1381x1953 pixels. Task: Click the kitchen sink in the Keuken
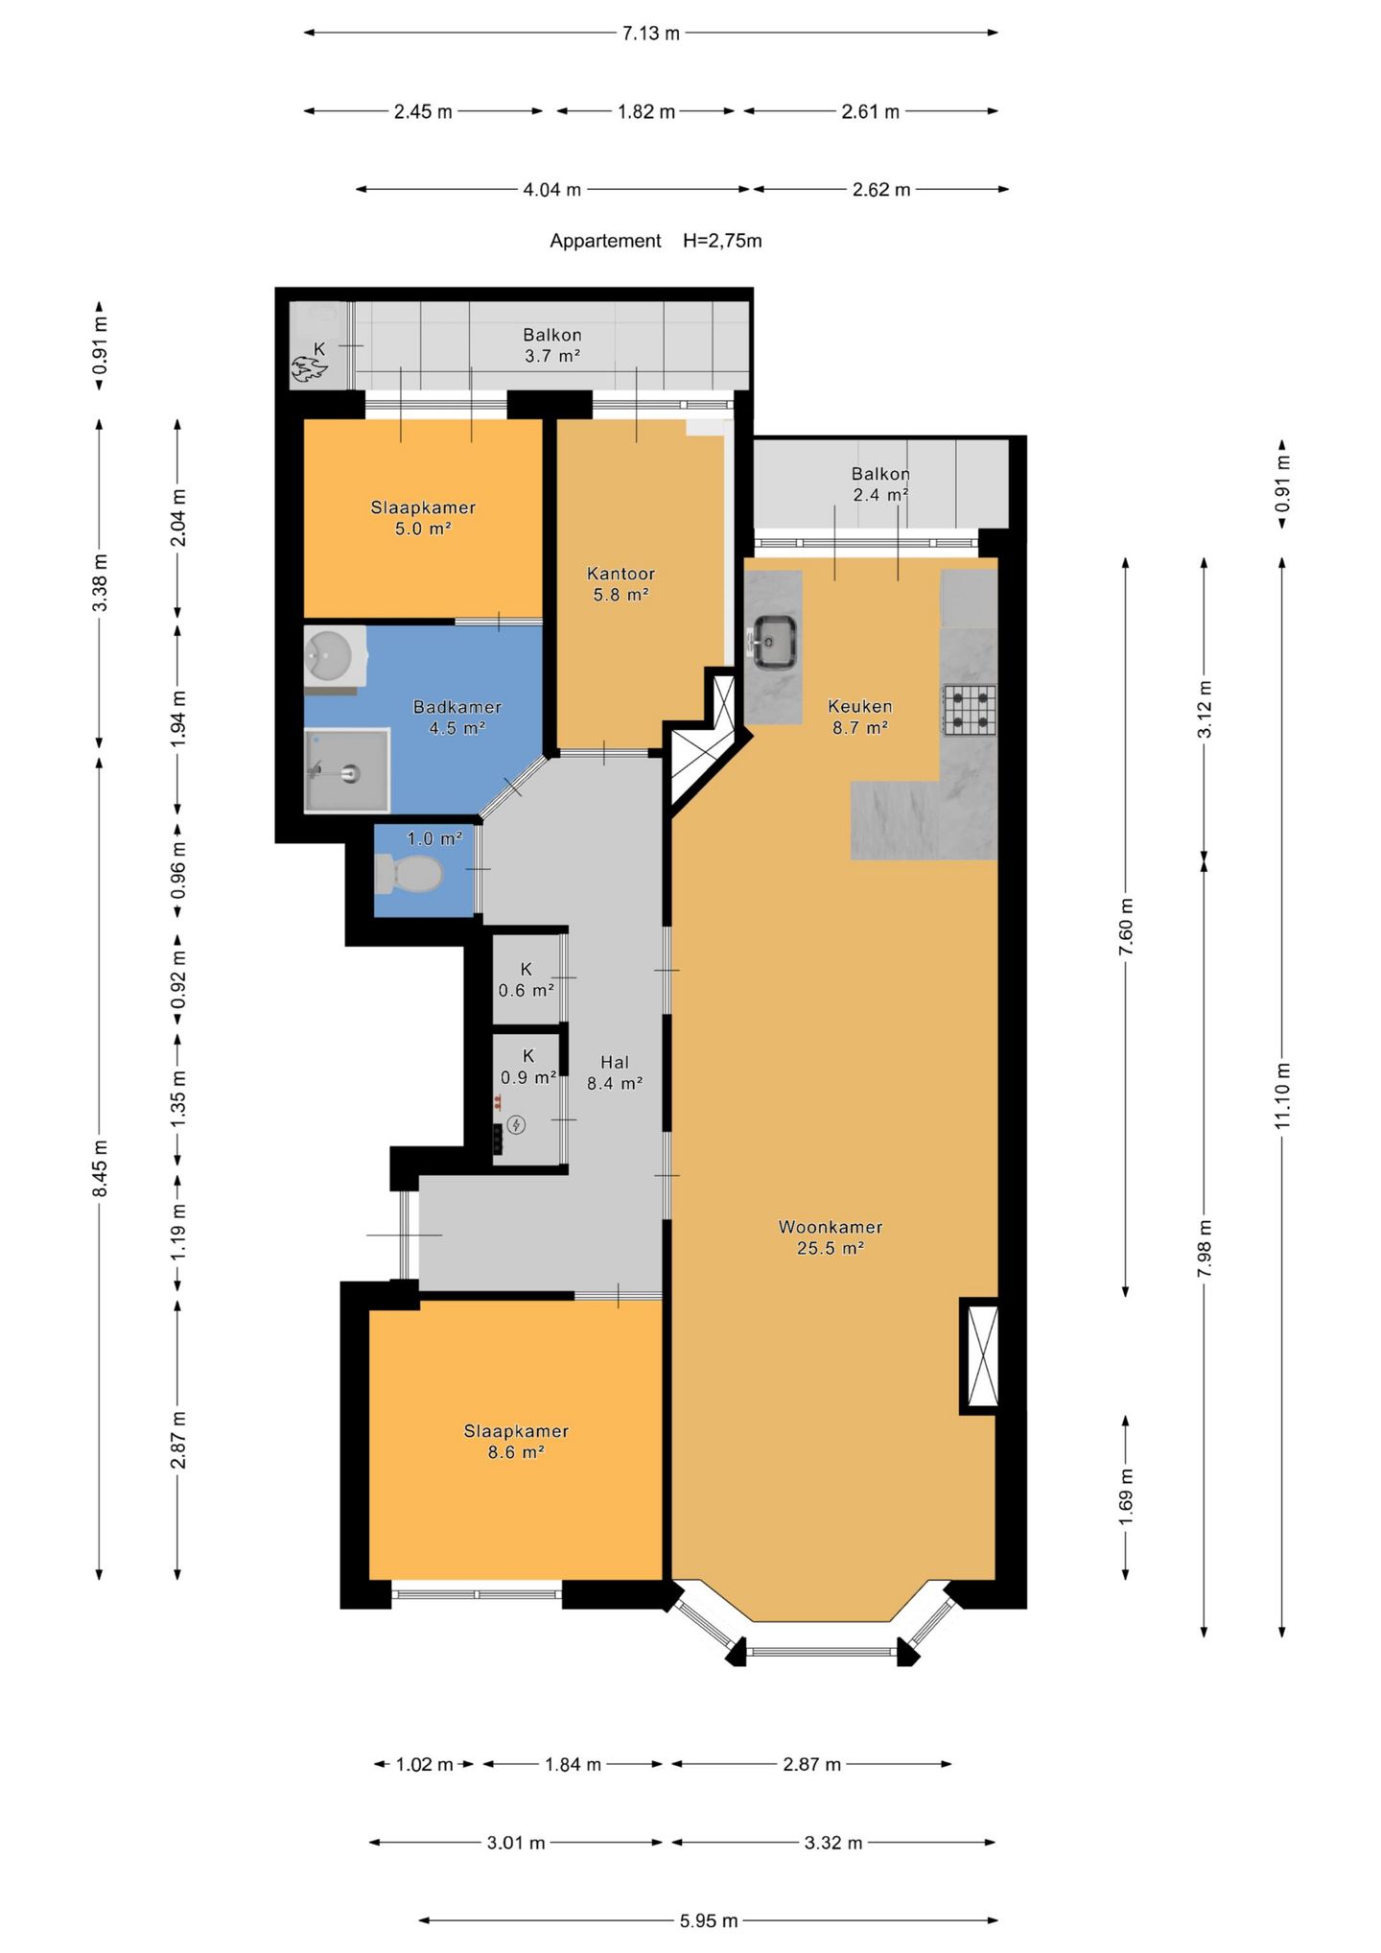pyautogui.click(x=774, y=642)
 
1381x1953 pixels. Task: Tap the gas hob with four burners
pyautogui.click(x=969, y=710)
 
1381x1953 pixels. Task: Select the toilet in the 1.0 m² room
pyautogui.click(x=409, y=873)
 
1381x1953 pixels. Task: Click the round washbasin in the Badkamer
pyautogui.click(x=330, y=656)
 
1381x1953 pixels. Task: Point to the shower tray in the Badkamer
pyautogui.click(x=347, y=770)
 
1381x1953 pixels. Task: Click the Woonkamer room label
pyautogui.click(x=831, y=1236)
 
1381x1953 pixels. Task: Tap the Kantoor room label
pyautogui.click(x=620, y=584)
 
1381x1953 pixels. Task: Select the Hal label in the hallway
pyautogui.click(x=615, y=1072)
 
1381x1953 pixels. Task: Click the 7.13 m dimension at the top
pyautogui.click(x=651, y=34)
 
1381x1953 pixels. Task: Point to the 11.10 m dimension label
pyautogui.click(x=1282, y=1094)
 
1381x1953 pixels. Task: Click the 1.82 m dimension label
pyautogui.click(x=646, y=111)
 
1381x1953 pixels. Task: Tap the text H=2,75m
pyautogui.click(x=722, y=241)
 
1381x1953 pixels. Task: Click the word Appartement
pyautogui.click(x=605, y=241)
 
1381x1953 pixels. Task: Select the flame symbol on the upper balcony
pyautogui.click(x=309, y=368)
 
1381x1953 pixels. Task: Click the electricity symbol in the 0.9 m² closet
pyautogui.click(x=516, y=1125)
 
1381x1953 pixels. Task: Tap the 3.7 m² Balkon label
pyautogui.click(x=552, y=345)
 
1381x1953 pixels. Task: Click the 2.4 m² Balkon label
pyautogui.click(x=880, y=484)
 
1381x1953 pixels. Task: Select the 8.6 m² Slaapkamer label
pyautogui.click(x=516, y=1441)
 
